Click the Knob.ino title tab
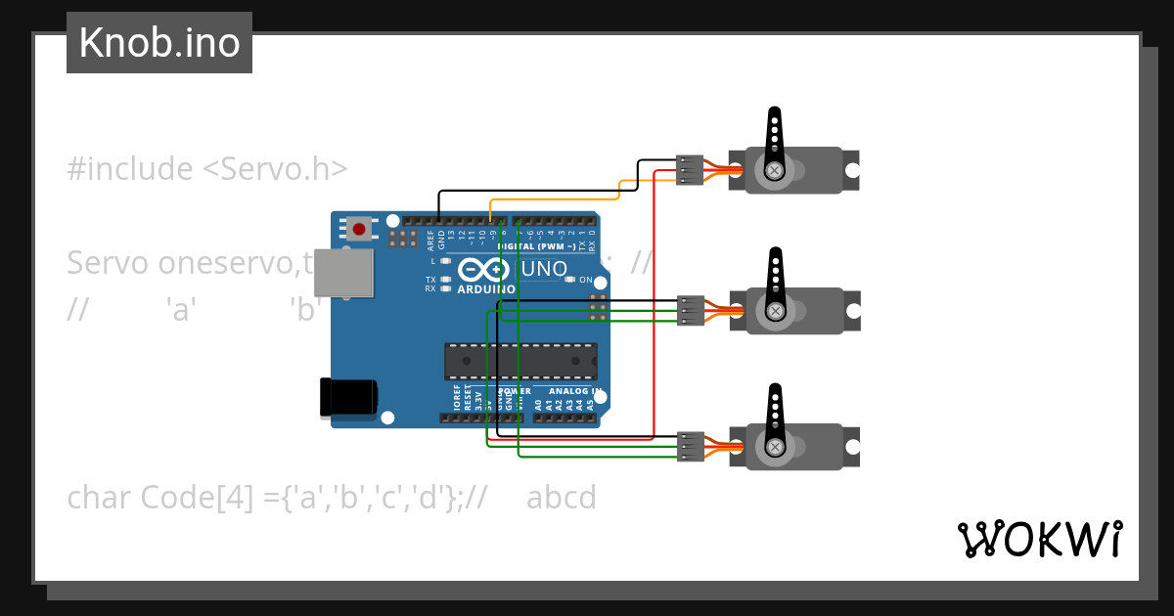(158, 43)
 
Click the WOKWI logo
(1039, 540)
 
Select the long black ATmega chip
(520, 361)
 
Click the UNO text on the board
(544, 269)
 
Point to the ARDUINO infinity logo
(485, 270)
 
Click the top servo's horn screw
(775, 170)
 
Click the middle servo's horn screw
(775, 311)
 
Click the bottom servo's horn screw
(775, 447)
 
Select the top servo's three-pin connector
(690, 170)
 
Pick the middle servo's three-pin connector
(690, 310)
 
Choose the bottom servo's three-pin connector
(690, 446)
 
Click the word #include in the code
(129, 169)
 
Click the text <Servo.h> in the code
(275, 169)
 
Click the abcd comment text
(561, 498)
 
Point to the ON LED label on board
(585, 280)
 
